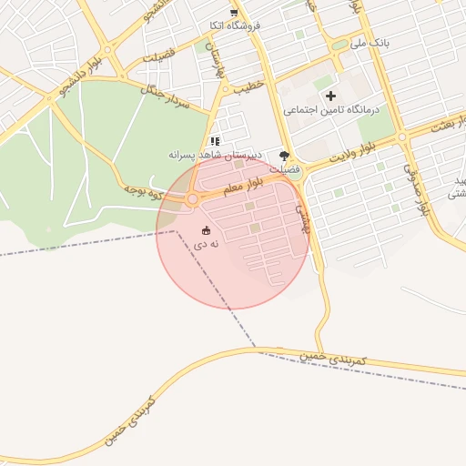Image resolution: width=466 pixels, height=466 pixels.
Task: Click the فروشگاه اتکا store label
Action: pos(235,25)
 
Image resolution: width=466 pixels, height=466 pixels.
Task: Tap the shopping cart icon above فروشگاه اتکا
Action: pos(235,12)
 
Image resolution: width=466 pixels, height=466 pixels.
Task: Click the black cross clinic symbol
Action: pos(329,96)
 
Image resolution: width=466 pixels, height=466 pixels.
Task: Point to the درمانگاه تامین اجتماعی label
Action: pos(329,109)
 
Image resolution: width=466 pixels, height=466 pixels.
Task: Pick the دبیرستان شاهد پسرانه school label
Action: pos(216,155)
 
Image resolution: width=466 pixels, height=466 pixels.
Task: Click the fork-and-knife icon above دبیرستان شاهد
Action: pos(215,141)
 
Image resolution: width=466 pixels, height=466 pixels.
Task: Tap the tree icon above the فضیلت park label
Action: pos(284,156)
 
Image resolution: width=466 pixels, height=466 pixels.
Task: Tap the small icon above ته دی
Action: pos(206,230)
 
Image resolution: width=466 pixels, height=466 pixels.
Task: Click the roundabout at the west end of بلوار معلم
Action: pos(192,199)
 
